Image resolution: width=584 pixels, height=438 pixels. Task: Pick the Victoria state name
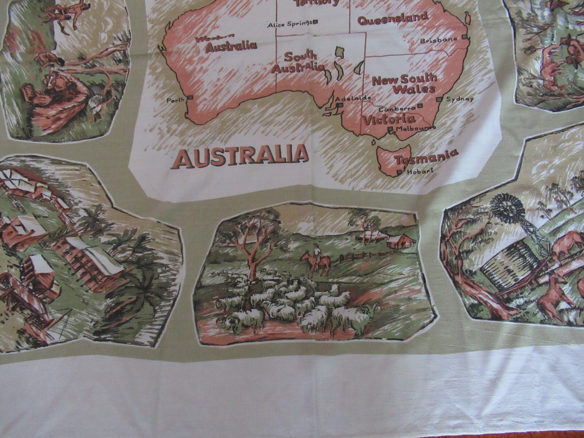tap(388, 119)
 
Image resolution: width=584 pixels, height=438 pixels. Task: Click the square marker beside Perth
tap(191, 97)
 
